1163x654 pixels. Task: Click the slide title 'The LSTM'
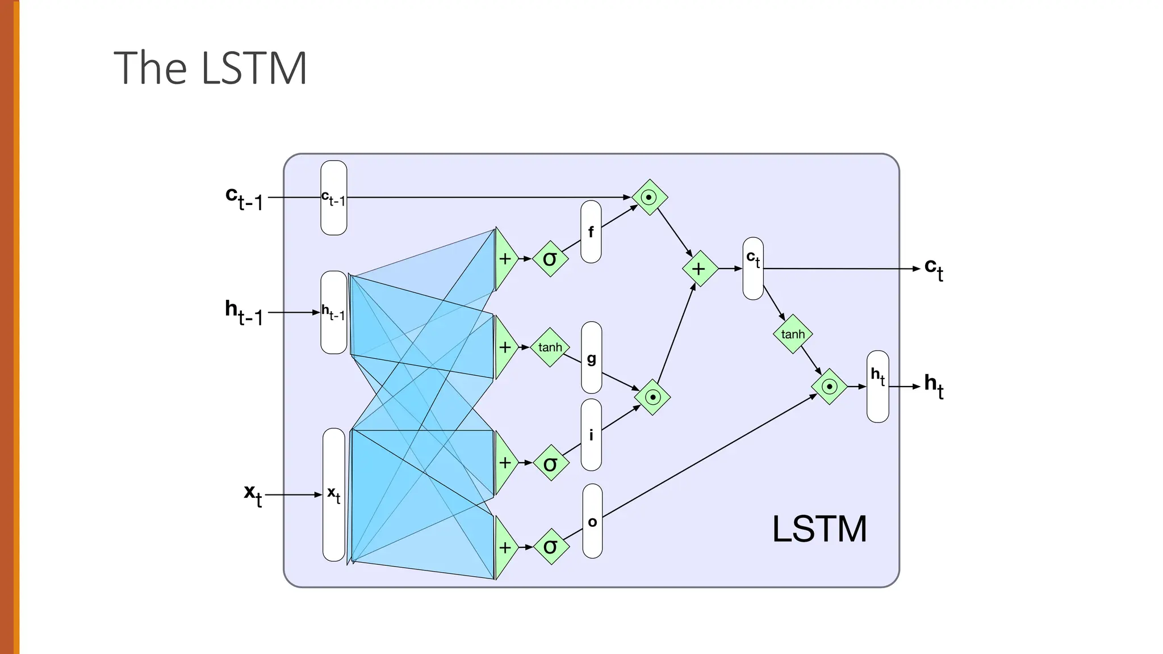[x=210, y=68]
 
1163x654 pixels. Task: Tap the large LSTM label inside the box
[x=819, y=529]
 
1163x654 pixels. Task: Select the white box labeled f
[x=591, y=232]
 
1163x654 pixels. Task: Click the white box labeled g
[x=591, y=358]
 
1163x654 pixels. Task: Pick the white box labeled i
[x=591, y=435]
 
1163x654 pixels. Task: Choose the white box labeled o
[x=592, y=521]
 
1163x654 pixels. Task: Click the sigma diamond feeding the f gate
[x=550, y=259]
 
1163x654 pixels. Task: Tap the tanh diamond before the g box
[x=550, y=347]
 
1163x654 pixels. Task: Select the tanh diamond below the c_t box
[x=793, y=334]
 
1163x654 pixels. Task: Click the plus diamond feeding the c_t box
[x=699, y=269]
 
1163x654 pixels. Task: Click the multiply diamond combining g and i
[x=652, y=397]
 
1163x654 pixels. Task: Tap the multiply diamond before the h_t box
[x=830, y=387]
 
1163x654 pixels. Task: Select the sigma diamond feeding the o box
[x=551, y=547]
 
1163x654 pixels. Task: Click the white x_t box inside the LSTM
[x=334, y=494]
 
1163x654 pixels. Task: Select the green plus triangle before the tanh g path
[x=504, y=347]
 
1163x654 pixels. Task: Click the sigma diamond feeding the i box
[x=550, y=463]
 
